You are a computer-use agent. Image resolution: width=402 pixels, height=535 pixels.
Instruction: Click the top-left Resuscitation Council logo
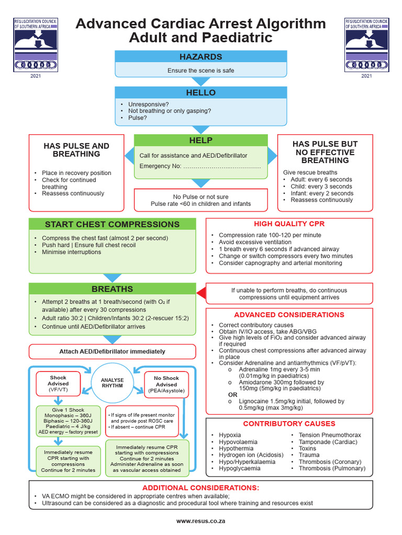(35, 45)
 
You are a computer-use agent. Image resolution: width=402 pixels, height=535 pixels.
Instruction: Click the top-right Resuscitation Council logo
(366, 45)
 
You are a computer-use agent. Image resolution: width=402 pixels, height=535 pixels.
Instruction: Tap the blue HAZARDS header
(201, 56)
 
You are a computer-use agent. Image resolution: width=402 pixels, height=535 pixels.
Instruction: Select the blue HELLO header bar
(201, 92)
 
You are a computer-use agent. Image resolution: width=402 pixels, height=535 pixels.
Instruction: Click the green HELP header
(201, 141)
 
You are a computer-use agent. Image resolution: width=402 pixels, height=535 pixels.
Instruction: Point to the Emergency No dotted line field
(222, 166)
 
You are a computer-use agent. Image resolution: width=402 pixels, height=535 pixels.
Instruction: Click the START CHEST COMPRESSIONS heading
(112, 225)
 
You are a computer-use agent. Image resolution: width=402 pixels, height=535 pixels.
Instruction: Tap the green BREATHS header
(112, 289)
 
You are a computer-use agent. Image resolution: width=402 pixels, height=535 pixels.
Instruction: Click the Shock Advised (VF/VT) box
(58, 384)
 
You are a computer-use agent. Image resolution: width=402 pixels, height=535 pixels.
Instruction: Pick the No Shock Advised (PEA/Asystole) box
(166, 384)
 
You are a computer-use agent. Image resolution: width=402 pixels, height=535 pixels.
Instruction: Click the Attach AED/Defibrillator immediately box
(112, 352)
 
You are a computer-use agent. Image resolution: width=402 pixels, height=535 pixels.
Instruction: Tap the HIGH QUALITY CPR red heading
(289, 224)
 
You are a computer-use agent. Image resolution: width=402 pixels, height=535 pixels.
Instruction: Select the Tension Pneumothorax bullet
(329, 435)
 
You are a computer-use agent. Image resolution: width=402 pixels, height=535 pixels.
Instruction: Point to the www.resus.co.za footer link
(200, 521)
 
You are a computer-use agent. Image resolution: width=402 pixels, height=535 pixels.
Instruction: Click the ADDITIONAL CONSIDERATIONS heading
(202, 487)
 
